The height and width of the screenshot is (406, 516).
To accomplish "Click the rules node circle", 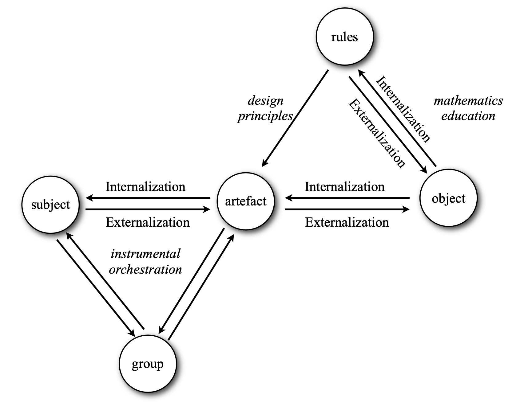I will tap(345, 37).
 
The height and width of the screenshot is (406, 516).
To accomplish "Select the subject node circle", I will tap(50, 205).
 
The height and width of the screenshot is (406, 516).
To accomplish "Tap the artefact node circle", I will tap(246, 201).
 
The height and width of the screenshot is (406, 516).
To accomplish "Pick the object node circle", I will tap(448, 198).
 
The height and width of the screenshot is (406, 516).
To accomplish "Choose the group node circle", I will tap(148, 364).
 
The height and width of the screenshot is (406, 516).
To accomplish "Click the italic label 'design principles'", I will tap(265, 108).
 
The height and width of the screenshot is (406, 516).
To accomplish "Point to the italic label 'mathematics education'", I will tap(468, 108).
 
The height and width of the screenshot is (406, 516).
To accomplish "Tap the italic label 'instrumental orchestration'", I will tap(145, 262).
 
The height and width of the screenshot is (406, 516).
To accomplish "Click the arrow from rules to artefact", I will tap(295, 118).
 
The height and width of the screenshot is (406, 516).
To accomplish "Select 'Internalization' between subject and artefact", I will tap(145, 187).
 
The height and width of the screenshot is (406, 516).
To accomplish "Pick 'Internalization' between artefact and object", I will tap(344, 187).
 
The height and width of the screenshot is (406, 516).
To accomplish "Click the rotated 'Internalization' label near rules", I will tap(403, 109).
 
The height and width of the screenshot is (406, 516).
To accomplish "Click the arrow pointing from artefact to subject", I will tap(148, 198).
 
